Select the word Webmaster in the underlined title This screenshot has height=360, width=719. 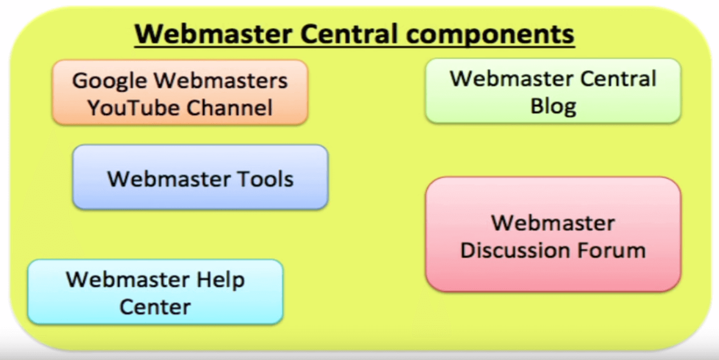point(213,34)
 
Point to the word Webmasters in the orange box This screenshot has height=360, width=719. point(221,80)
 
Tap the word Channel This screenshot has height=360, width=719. point(230,107)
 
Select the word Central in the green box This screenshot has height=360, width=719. point(618,79)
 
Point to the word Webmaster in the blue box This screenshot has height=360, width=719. point(169,179)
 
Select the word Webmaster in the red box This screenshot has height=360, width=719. point(553,223)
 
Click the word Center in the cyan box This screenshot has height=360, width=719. point(155,307)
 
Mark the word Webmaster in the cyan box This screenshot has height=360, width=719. point(128,280)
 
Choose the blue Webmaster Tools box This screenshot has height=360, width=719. point(201,177)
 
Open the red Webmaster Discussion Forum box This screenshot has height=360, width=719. point(553,234)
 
